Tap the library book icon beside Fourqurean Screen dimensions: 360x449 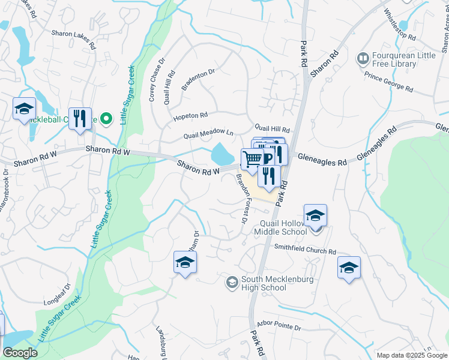363,59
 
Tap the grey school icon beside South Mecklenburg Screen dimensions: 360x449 232,281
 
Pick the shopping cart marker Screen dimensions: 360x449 253,159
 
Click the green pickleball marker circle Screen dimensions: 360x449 106,119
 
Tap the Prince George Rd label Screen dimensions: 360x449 389,82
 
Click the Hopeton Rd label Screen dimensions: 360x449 191,115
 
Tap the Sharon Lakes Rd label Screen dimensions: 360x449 73,39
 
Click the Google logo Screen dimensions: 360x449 20,353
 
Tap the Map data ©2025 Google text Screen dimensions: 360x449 412,355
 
